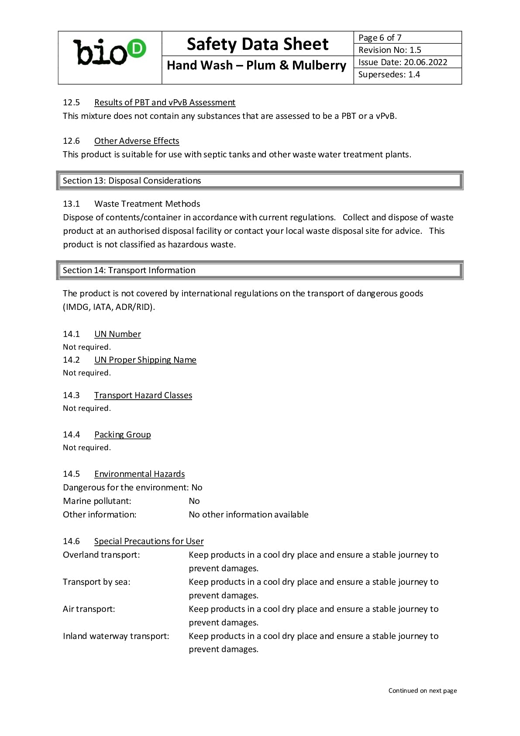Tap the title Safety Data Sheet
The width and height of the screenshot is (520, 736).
tap(257, 44)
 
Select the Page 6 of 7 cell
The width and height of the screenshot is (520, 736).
tap(407, 38)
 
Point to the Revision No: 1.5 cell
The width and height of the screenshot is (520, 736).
tap(407, 50)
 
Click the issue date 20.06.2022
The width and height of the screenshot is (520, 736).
tap(425, 62)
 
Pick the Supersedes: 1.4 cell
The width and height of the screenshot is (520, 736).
tap(407, 75)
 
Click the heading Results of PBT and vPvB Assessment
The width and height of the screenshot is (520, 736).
tap(165, 102)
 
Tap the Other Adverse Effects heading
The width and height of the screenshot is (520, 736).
tap(137, 141)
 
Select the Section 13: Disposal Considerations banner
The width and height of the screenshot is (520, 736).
tap(260, 181)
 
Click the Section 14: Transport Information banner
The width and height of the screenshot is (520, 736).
tap(260, 270)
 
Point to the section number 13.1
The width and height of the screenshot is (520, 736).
tap(71, 204)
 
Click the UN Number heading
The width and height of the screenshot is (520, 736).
tap(117, 334)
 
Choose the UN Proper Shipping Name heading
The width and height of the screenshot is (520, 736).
tap(145, 360)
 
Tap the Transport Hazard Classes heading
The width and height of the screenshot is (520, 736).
tap(143, 395)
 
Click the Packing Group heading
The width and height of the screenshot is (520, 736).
tap(122, 434)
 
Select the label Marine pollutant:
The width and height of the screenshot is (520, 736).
tap(97, 501)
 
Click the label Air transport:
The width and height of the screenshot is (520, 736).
tap(89, 609)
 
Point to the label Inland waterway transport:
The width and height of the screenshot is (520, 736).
tap(116, 636)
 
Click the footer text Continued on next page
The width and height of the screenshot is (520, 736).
tap(422, 691)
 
